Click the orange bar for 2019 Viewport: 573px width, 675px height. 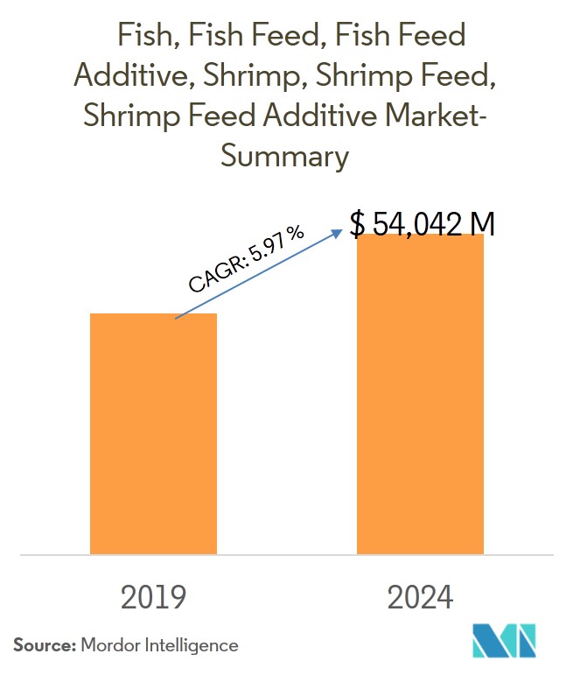click(154, 433)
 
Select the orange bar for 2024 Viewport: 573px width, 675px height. click(420, 394)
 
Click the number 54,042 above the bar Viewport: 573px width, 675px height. click(419, 224)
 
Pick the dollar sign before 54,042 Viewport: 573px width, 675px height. click(358, 224)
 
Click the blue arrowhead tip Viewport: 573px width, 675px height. click(342, 230)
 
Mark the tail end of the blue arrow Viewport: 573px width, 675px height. click(176, 318)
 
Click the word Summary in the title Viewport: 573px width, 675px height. click(285, 157)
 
